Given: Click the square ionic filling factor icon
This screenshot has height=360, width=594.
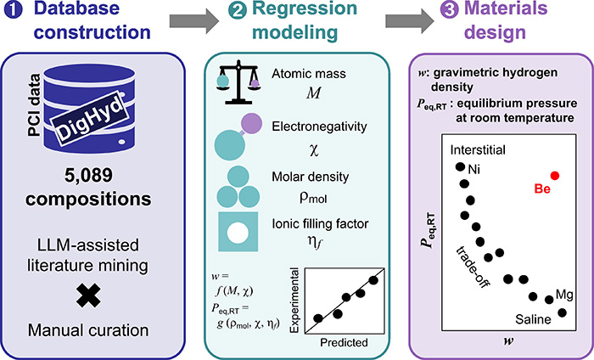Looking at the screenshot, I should click(x=244, y=233).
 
